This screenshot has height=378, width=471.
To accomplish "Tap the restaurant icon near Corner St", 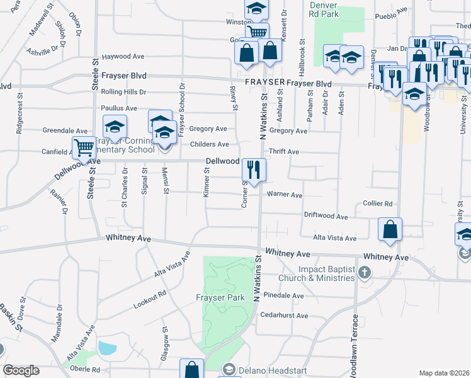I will pos(254,169).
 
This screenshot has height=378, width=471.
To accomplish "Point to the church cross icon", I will pos(363,273).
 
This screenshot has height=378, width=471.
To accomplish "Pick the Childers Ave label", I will pos(209,144).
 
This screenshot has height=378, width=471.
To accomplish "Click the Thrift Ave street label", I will pos(284,152).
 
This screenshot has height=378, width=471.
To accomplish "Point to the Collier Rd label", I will pos(378,203).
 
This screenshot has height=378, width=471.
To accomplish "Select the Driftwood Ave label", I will pos(327,217).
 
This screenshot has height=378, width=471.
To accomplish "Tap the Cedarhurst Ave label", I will pos(284,315).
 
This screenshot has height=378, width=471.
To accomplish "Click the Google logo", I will pos(21,370).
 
